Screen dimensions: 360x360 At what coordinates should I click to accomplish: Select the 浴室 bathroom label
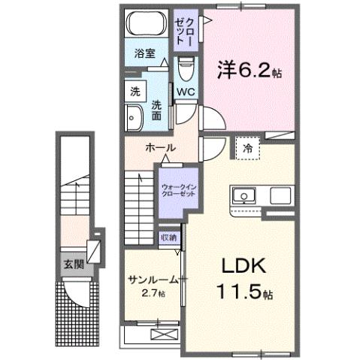[145, 53]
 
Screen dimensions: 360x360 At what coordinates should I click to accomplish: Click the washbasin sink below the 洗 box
[135, 117]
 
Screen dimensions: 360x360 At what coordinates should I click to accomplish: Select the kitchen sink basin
[244, 196]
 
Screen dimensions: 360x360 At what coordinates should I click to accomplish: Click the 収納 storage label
[168, 237]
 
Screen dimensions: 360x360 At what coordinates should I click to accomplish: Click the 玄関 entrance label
[73, 264]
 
